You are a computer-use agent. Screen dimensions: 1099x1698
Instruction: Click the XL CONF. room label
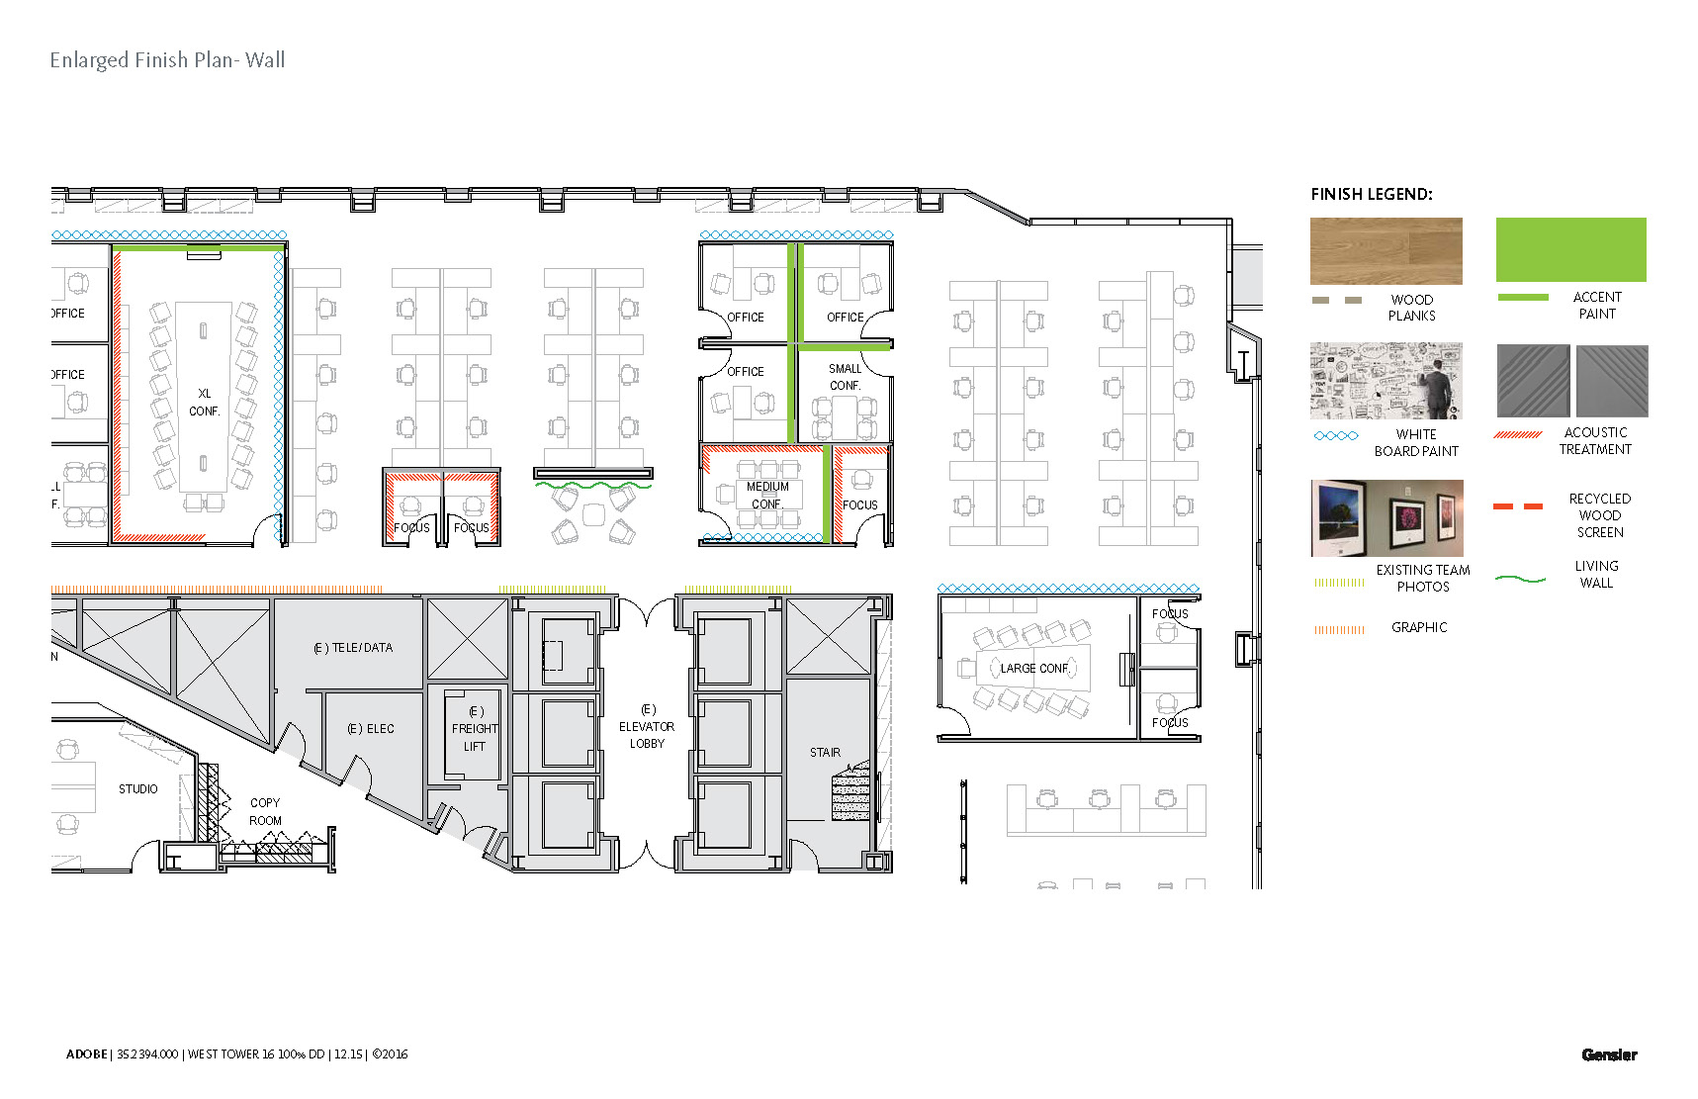[x=205, y=402]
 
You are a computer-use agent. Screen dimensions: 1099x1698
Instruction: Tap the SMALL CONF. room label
[x=845, y=376]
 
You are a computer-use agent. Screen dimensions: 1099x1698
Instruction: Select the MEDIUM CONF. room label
[x=767, y=495]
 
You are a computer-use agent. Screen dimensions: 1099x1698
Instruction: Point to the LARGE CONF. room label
[x=1034, y=669]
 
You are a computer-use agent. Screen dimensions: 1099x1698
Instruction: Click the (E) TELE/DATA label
[x=353, y=648]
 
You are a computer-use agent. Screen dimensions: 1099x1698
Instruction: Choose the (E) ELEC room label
[x=371, y=729]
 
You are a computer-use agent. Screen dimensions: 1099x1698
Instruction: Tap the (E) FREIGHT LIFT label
[x=475, y=729]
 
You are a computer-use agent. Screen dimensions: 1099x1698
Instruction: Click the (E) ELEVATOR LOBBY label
[x=647, y=727]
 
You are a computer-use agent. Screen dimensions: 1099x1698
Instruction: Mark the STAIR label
[x=825, y=753]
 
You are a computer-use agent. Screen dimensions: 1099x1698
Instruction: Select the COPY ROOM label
[x=265, y=811]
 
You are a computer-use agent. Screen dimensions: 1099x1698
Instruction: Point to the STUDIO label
[x=138, y=789]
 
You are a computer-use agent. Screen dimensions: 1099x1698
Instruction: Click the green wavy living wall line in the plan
[x=593, y=485]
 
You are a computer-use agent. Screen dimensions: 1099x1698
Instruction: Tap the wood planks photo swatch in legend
[x=1385, y=251]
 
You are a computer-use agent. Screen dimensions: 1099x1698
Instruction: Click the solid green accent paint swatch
[x=1570, y=249]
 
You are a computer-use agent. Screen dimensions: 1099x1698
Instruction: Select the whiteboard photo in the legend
[x=1385, y=381]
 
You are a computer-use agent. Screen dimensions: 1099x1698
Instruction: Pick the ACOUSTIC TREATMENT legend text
[x=1595, y=441]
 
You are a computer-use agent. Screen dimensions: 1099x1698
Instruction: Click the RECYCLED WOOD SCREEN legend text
[x=1599, y=515]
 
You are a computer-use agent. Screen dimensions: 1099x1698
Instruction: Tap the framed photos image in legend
[x=1386, y=518]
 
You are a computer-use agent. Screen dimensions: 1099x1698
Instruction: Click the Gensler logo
[x=1609, y=1054]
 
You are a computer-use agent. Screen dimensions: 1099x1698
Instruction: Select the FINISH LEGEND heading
[x=1371, y=194]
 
